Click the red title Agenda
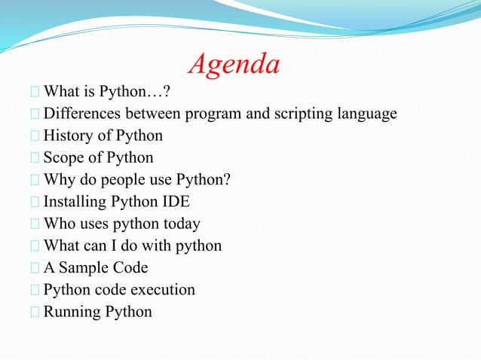click(x=234, y=66)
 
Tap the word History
click(x=68, y=136)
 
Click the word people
click(x=130, y=180)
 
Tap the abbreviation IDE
click(x=175, y=202)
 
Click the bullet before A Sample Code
click(x=35, y=268)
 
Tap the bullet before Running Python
click(x=35, y=312)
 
